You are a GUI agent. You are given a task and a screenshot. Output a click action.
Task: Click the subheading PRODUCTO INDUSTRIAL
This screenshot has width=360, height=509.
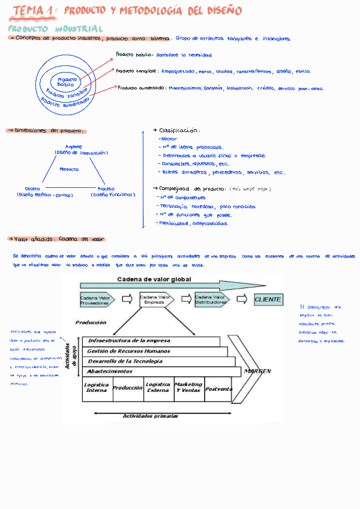pos(55,29)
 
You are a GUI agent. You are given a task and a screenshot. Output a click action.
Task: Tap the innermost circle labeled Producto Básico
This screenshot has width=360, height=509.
pos(67,82)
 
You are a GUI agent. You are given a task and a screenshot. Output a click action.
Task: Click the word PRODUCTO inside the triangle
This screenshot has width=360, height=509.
pos(69,169)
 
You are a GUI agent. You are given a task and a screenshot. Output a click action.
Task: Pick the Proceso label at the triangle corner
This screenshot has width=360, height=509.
pos(106,188)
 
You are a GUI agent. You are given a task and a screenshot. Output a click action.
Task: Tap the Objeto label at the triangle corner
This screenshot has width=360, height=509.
pos(33,188)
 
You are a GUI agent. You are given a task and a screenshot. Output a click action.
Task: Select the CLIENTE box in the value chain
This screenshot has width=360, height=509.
pos(268,300)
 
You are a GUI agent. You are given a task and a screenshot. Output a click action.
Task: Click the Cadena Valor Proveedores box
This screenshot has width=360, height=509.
pos(95,300)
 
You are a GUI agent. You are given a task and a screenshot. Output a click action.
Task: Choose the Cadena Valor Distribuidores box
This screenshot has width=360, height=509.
pos(211,300)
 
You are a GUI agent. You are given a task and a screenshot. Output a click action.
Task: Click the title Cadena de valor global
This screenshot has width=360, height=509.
pos(154,279)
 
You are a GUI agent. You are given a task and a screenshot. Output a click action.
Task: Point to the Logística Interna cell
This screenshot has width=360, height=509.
pos(97,388)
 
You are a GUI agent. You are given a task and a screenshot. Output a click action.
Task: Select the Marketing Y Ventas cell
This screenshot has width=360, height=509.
pos(188,388)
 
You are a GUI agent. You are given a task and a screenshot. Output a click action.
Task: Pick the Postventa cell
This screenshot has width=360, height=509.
pos(218,388)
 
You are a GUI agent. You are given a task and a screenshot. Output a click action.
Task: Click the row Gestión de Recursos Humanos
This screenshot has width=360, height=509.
pos(128,351)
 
